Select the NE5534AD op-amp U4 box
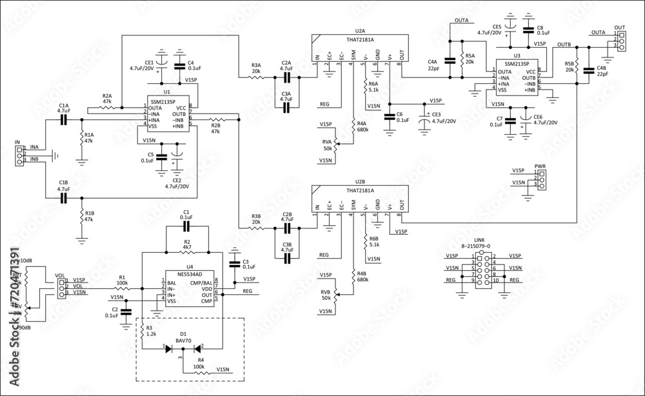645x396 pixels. coord(188,288)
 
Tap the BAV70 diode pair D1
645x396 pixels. coord(183,348)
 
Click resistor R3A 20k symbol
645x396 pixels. coord(256,77)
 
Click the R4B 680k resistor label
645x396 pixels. coord(361,276)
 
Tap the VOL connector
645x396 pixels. coord(61,286)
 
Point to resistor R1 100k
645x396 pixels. coord(121,288)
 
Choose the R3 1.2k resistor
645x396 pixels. coord(141,332)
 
